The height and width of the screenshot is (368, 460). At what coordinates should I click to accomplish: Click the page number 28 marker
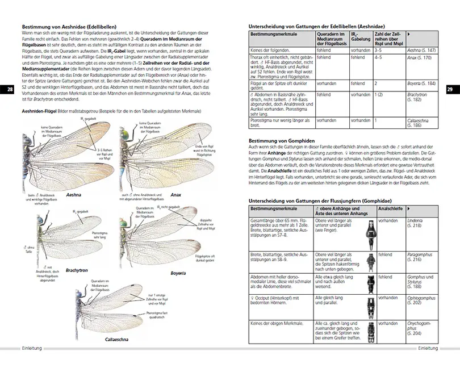[x=8, y=90]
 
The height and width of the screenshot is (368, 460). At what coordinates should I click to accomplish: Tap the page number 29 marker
[x=451, y=90]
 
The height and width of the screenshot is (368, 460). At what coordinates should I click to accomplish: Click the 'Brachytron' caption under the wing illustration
[x=77, y=269]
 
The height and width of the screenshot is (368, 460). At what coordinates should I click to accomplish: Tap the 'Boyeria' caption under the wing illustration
[x=179, y=273]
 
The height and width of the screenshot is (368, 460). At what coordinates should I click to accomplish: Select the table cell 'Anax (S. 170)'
[x=420, y=58]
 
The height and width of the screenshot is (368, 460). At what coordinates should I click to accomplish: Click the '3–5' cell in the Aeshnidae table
[x=380, y=51]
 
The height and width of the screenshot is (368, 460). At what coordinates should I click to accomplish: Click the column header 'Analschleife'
[x=391, y=210]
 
